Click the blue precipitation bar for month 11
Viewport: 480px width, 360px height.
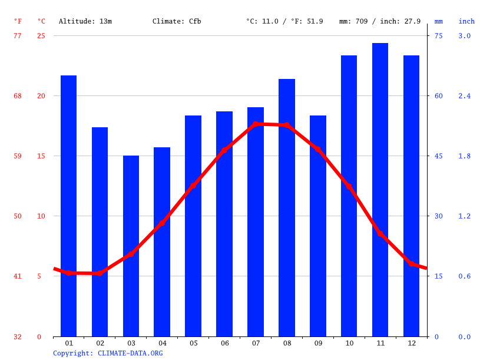coord(380,190)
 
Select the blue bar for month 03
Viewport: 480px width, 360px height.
coord(131,246)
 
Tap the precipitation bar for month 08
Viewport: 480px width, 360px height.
coord(287,207)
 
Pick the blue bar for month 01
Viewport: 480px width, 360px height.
coord(69,206)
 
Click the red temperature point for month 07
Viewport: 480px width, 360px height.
coord(256,124)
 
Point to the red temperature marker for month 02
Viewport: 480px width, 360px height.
coord(100,273)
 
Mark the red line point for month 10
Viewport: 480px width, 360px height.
coord(349,187)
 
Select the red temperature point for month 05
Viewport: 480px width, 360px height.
coord(193,186)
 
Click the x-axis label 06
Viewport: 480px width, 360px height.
coord(224,343)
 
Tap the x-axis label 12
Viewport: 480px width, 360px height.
coord(411,343)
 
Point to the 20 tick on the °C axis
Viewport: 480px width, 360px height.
coord(41,96)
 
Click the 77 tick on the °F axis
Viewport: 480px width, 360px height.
coord(18,36)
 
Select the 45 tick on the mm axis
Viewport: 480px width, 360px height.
coord(438,156)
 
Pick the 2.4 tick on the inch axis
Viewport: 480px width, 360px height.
coord(465,96)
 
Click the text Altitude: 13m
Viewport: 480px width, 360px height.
coord(85,21)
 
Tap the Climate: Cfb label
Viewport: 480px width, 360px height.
coord(177,21)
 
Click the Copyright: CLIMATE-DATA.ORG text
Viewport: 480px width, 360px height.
coord(108,353)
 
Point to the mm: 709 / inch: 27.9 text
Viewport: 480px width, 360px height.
coord(380,21)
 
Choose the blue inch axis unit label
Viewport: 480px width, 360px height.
coord(466,21)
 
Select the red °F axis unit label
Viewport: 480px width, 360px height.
coord(18,21)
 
